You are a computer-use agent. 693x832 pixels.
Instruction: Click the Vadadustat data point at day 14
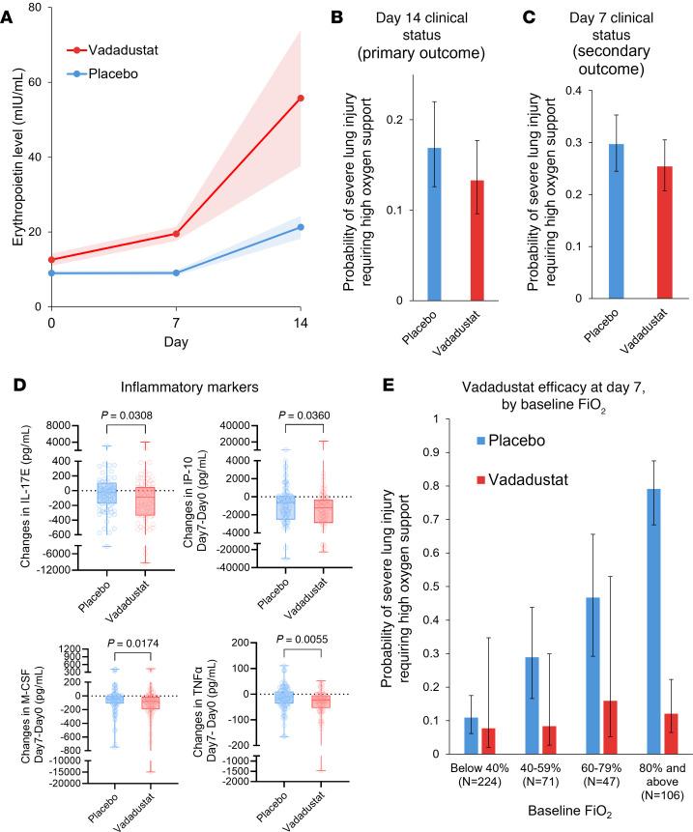(x=301, y=98)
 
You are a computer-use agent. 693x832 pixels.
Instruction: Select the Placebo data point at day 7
(x=176, y=273)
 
